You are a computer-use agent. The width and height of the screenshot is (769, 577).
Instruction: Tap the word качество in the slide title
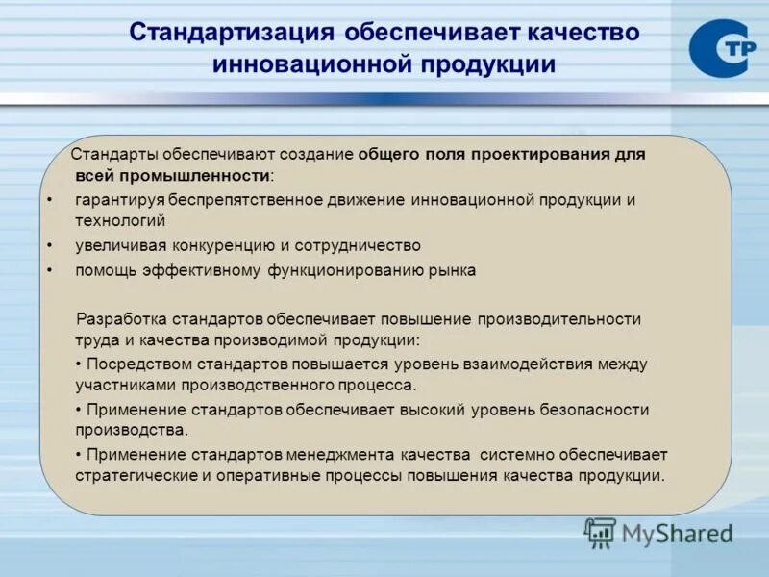pos(582,32)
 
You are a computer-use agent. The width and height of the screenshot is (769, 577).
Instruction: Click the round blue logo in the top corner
pos(720,49)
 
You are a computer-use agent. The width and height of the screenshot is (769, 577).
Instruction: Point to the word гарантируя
pos(120,200)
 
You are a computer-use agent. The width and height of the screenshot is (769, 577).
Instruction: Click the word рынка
pos(452,270)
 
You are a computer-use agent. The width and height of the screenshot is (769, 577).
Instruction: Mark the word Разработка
pos(120,318)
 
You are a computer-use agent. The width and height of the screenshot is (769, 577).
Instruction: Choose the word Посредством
pos(139,364)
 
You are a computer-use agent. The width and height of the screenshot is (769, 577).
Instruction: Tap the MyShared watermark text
pos(677,533)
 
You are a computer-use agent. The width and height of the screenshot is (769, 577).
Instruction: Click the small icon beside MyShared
pos(600,533)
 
